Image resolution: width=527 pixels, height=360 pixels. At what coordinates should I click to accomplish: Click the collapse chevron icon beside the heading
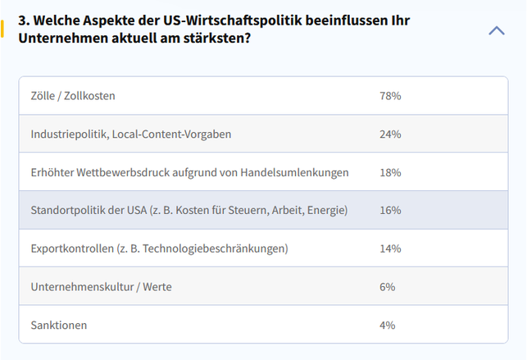pyautogui.click(x=497, y=30)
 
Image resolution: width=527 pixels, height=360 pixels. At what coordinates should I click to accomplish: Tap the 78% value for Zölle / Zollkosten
pyautogui.click(x=390, y=96)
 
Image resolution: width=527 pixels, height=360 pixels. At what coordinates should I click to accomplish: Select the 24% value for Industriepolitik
pyautogui.click(x=390, y=134)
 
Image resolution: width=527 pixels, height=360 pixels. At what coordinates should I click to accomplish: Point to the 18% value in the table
pyautogui.click(x=390, y=172)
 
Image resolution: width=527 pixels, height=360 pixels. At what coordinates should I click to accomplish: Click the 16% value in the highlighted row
pyautogui.click(x=390, y=210)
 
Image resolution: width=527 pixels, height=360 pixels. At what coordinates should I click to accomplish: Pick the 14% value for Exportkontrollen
pyautogui.click(x=390, y=248)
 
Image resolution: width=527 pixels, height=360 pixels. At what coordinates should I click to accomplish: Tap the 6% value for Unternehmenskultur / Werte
pyautogui.click(x=388, y=286)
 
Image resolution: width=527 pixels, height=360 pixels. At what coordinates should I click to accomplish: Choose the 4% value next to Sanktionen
pyautogui.click(x=388, y=325)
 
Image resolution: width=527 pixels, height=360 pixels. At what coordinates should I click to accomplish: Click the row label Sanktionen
pyautogui.click(x=59, y=325)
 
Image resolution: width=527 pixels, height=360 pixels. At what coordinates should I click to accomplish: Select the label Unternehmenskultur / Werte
pyautogui.click(x=101, y=286)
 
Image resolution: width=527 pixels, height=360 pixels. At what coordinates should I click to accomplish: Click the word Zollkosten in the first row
pyautogui.click(x=89, y=96)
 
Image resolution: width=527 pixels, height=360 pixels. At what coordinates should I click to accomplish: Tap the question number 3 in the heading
pyautogui.click(x=22, y=20)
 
